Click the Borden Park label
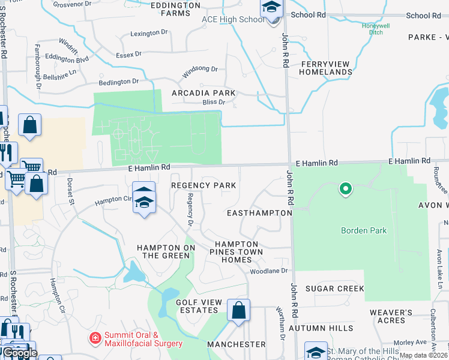point(364,230)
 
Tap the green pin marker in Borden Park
point(345,190)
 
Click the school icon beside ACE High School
point(271,10)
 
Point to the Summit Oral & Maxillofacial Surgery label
point(143,339)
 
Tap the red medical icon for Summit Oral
point(95,339)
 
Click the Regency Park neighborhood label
point(203,185)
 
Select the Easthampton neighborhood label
point(259,213)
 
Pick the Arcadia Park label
point(203,94)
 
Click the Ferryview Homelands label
point(327,68)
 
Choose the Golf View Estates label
point(196,306)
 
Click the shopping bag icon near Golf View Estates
point(238,311)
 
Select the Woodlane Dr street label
point(269,271)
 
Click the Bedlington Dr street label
point(118,82)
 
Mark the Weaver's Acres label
point(391,316)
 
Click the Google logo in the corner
point(20,353)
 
